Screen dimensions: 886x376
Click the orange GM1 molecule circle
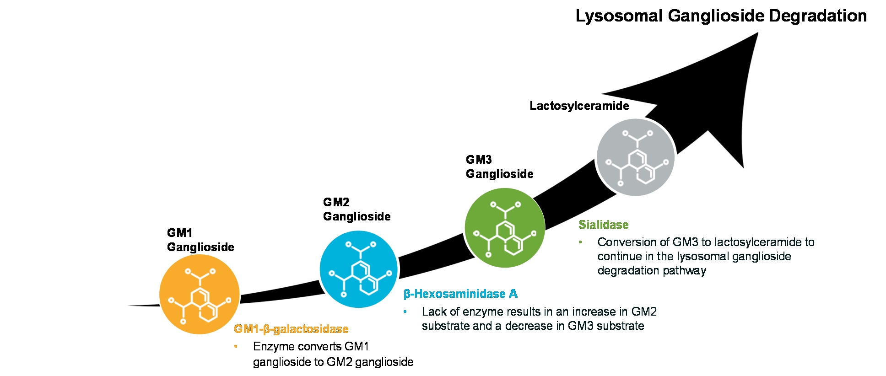click(x=200, y=294)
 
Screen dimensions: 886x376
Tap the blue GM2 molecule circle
click(x=359, y=269)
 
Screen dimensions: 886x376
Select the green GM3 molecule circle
click(x=505, y=227)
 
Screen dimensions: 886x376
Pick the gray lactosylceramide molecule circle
click(x=636, y=157)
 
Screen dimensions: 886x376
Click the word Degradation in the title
click(x=818, y=16)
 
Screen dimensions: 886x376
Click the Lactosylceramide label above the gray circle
click(x=579, y=106)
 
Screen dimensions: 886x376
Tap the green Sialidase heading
click(x=604, y=225)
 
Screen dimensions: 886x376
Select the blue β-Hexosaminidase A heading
click(x=460, y=294)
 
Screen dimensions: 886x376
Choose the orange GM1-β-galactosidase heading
click(x=291, y=329)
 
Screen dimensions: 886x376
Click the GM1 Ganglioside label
click(x=200, y=240)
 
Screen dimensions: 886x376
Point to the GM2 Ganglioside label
click(x=357, y=209)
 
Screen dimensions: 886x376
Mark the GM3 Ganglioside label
click(x=500, y=167)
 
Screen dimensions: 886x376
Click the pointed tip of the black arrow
click(x=758, y=32)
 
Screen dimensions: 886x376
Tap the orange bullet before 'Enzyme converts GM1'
click(x=236, y=346)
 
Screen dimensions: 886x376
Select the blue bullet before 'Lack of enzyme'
click(x=405, y=312)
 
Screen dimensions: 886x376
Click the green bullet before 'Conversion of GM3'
click(x=580, y=242)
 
